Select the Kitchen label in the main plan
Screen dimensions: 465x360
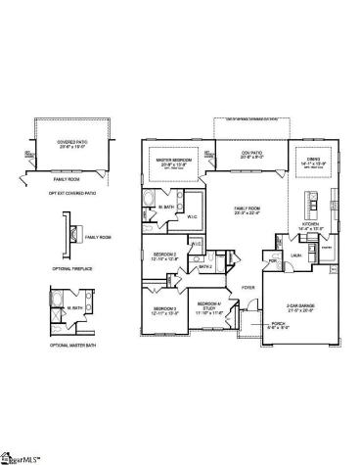(309, 225)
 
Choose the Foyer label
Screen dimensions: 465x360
(249, 288)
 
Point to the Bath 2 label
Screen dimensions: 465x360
(206, 265)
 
